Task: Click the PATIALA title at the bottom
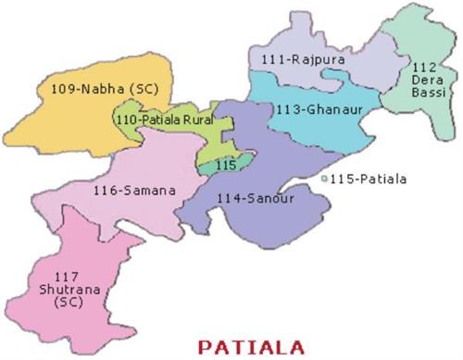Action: pyautogui.click(x=250, y=349)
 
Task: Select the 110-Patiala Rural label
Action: pyautogui.click(x=165, y=120)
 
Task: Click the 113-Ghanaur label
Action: pyautogui.click(x=318, y=109)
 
